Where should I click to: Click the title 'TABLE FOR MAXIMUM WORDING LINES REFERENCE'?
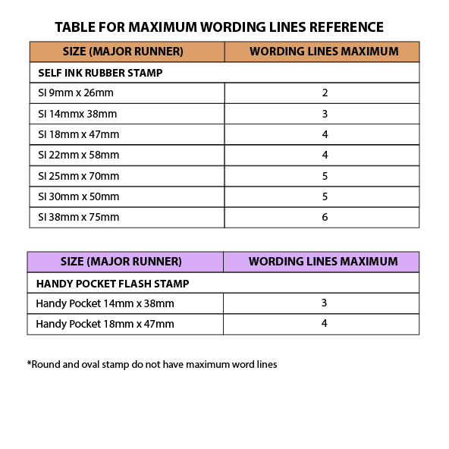click(219, 27)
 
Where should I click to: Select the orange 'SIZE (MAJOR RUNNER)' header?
click(122, 52)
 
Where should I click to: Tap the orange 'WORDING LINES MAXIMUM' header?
click(324, 52)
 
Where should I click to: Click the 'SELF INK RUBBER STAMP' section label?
click(100, 73)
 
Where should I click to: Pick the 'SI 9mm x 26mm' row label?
click(75, 93)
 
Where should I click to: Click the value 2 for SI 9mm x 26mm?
click(325, 93)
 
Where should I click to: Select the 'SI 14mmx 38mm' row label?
click(77, 114)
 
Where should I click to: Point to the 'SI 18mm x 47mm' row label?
click(78, 134)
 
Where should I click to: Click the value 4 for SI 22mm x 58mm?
click(325, 155)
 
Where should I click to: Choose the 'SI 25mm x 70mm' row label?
click(78, 176)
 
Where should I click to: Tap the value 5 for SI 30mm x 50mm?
click(325, 196)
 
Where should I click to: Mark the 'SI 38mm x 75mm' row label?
click(78, 217)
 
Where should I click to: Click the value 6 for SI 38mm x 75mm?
click(325, 217)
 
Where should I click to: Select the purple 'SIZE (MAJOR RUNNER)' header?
click(121, 262)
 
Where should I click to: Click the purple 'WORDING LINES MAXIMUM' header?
click(323, 262)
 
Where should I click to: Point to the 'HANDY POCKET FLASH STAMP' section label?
click(112, 283)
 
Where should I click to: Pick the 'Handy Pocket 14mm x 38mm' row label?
click(105, 303)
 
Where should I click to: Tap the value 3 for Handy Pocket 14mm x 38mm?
click(324, 303)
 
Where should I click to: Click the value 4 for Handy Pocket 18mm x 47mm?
click(324, 324)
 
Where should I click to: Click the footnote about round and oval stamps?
click(152, 364)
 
